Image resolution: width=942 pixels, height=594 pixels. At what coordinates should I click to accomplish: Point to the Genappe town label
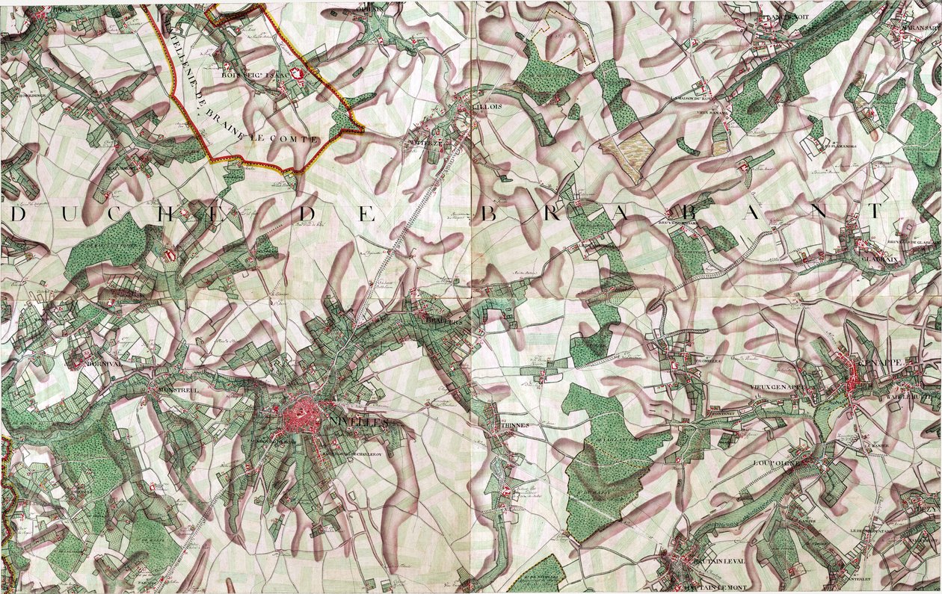coord(882,362)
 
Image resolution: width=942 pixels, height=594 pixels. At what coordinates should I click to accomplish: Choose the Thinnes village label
coord(515,425)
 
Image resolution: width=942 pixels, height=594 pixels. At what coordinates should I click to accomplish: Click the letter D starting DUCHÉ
coord(19,215)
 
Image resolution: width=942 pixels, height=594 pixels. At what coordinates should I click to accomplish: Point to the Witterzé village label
coord(425,142)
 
